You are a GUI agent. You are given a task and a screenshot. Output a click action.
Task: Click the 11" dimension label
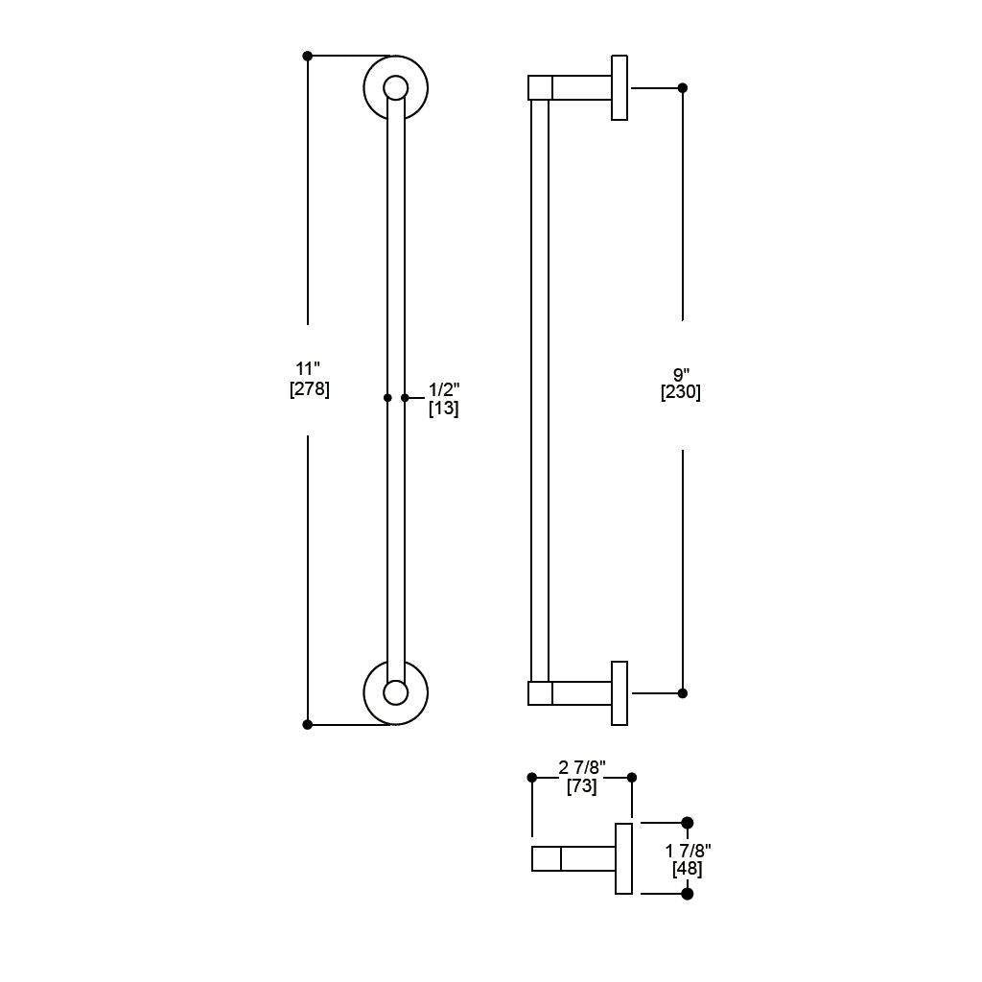coord(308,368)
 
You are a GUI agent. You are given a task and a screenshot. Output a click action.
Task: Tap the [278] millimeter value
coord(310,389)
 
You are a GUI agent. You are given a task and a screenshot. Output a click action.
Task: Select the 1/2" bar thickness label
coord(444,389)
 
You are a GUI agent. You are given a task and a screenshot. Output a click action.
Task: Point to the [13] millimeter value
coord(443,409)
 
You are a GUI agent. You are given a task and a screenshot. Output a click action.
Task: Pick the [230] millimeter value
coord(681,392)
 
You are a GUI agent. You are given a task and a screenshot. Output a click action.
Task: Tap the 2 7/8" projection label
coord(582,767)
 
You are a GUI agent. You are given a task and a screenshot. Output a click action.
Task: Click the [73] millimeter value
coord(582,786)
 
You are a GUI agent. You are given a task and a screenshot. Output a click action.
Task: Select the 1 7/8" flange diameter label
coord(688,851)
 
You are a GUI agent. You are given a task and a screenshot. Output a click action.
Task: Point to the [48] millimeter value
coord(687,869)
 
